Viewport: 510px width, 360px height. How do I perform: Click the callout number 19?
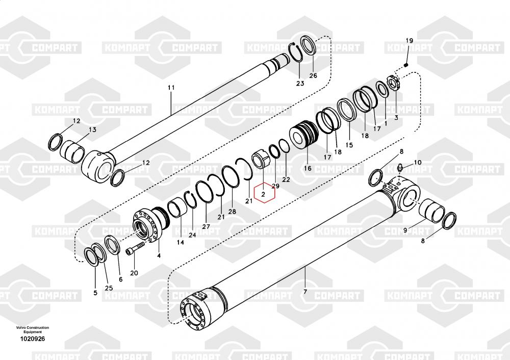click(409, 41)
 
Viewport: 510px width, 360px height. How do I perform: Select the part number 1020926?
click(32, 339)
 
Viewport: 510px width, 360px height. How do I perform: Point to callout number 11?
click(171, 88)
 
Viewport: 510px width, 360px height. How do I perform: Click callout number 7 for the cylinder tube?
click(305, 292)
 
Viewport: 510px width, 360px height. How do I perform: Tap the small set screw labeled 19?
click(407, 65)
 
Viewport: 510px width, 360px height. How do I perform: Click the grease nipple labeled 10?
click(401, 168)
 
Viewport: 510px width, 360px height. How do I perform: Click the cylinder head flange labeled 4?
click(149, 224)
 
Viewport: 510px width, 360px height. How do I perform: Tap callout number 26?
click(313, 75)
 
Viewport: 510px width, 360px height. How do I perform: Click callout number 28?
click(232, 212)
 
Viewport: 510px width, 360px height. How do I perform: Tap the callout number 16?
click(307, 168)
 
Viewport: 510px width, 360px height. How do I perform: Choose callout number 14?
click(181, 243)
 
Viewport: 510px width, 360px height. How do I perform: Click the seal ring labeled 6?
click(113, 246)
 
